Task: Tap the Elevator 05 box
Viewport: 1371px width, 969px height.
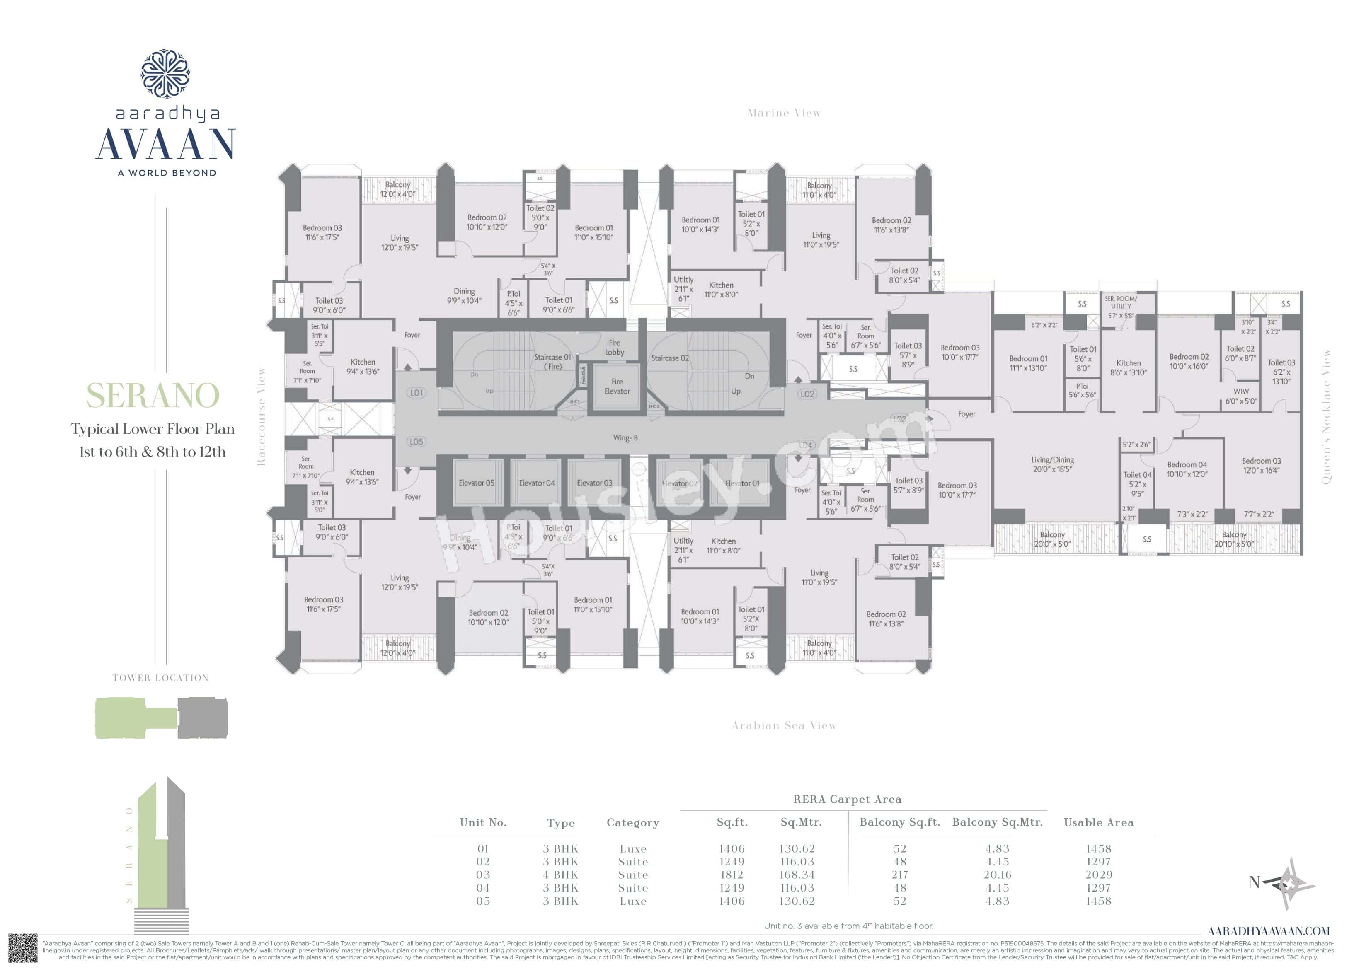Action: pyautogui.click(x=476, y=483)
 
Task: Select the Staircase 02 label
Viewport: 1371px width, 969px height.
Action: pyautogui.click(x=670, y=358)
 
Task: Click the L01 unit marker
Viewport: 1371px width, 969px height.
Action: pyautogui.click(x=416, y=393)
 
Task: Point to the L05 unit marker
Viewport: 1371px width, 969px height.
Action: pyautogui.click(x=416, y=442)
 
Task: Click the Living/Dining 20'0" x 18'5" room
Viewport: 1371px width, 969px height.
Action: pyautogui.click(x=1052, y=464)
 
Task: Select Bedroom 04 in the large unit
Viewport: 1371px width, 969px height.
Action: pyautogui.click(x=1187, y=469)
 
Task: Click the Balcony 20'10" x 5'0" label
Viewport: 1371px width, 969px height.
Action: pyautogui.click(x=1234, y=539)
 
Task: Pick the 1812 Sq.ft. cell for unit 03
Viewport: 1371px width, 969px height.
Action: pyautogui.click(x=732, y=875)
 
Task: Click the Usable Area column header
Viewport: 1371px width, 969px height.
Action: pyautogui.click(x=1098, y=823)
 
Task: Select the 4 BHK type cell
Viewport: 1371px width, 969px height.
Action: pyautogui.click(x=560, y=875)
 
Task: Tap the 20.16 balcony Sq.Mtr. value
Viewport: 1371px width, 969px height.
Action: pyautogui.click(x=997, y=875)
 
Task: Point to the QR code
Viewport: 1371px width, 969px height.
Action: pyautogui.click(x=23, y=948)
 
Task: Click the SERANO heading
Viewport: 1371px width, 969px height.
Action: pyautogui.click(x=153, y=395)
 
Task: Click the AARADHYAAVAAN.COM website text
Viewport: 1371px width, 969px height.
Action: pyautogui.click(x=1268, y=931)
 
